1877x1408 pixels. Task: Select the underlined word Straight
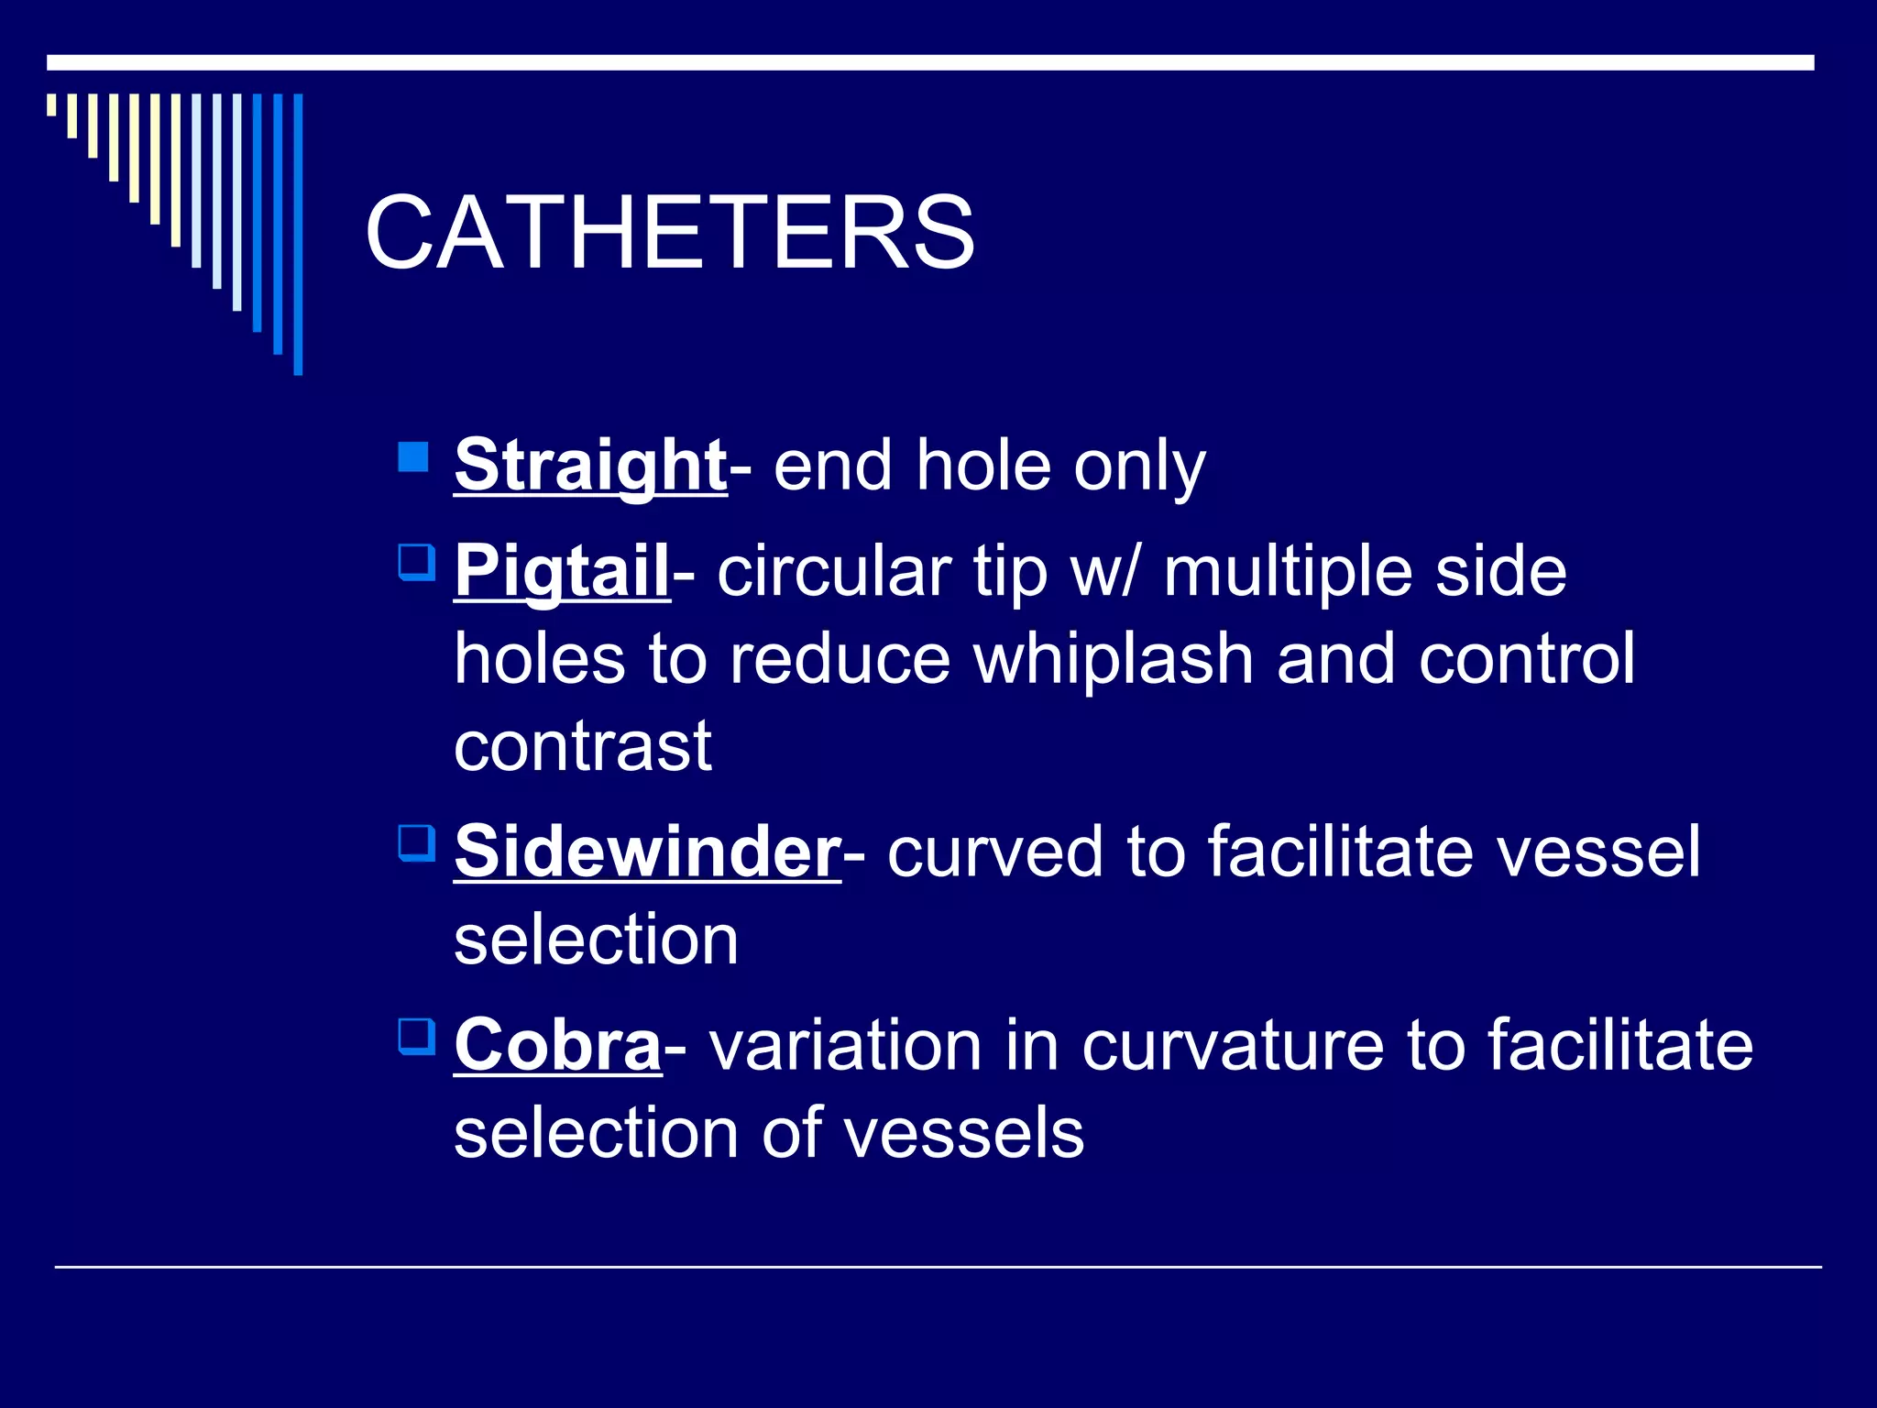(590, 466)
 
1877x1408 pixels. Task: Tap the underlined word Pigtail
(562, 571)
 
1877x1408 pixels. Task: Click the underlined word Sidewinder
(647, 852)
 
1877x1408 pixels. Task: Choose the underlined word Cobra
(557, 1045)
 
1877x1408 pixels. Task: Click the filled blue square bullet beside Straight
(414, 456)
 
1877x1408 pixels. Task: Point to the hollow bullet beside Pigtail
(416, 562)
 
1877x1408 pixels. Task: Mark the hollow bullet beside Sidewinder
(416, 842)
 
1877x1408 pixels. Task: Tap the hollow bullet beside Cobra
(416, 1036)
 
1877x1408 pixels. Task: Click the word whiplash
(1113, 659)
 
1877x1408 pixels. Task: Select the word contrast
(583, 746)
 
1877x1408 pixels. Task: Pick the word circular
(833, 572)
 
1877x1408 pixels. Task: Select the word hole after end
(982, 466)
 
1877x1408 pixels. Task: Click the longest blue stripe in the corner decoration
(298, 234)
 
